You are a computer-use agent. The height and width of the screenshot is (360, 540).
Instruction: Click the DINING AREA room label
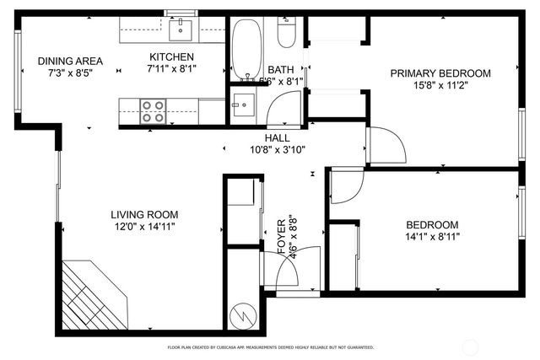[70, 61]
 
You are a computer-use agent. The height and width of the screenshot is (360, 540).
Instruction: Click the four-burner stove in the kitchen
[152, 110]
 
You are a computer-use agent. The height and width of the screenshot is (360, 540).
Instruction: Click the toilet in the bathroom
[286, 34]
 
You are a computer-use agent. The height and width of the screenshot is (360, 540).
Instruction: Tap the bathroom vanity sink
[243, 105]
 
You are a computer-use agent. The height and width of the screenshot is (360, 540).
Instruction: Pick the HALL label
[277, 137]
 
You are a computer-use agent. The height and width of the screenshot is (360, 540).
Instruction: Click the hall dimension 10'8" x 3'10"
[277, 149]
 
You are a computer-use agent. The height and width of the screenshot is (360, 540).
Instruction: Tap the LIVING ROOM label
[145, 214]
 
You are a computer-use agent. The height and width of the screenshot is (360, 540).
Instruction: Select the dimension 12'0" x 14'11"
[145, 227]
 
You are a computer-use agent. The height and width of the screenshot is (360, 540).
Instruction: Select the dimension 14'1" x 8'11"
[432, 237]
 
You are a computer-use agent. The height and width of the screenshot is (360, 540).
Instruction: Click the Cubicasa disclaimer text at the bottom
[270, 347]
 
